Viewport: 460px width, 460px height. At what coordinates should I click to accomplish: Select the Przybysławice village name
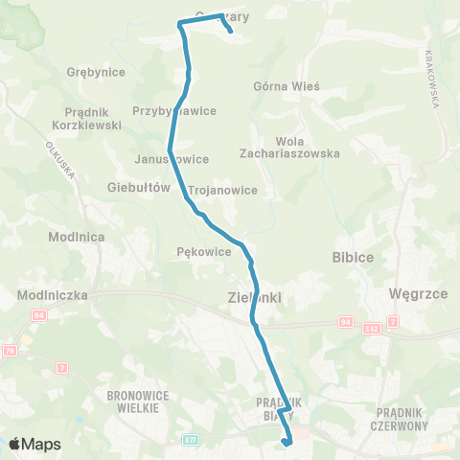pos(174,110)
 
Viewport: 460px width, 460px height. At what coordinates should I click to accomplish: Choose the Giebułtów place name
pos(139,187)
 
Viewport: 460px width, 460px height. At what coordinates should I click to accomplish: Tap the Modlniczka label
pos(53,296)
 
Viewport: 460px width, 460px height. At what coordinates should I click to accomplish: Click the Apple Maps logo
pos(34,444)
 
